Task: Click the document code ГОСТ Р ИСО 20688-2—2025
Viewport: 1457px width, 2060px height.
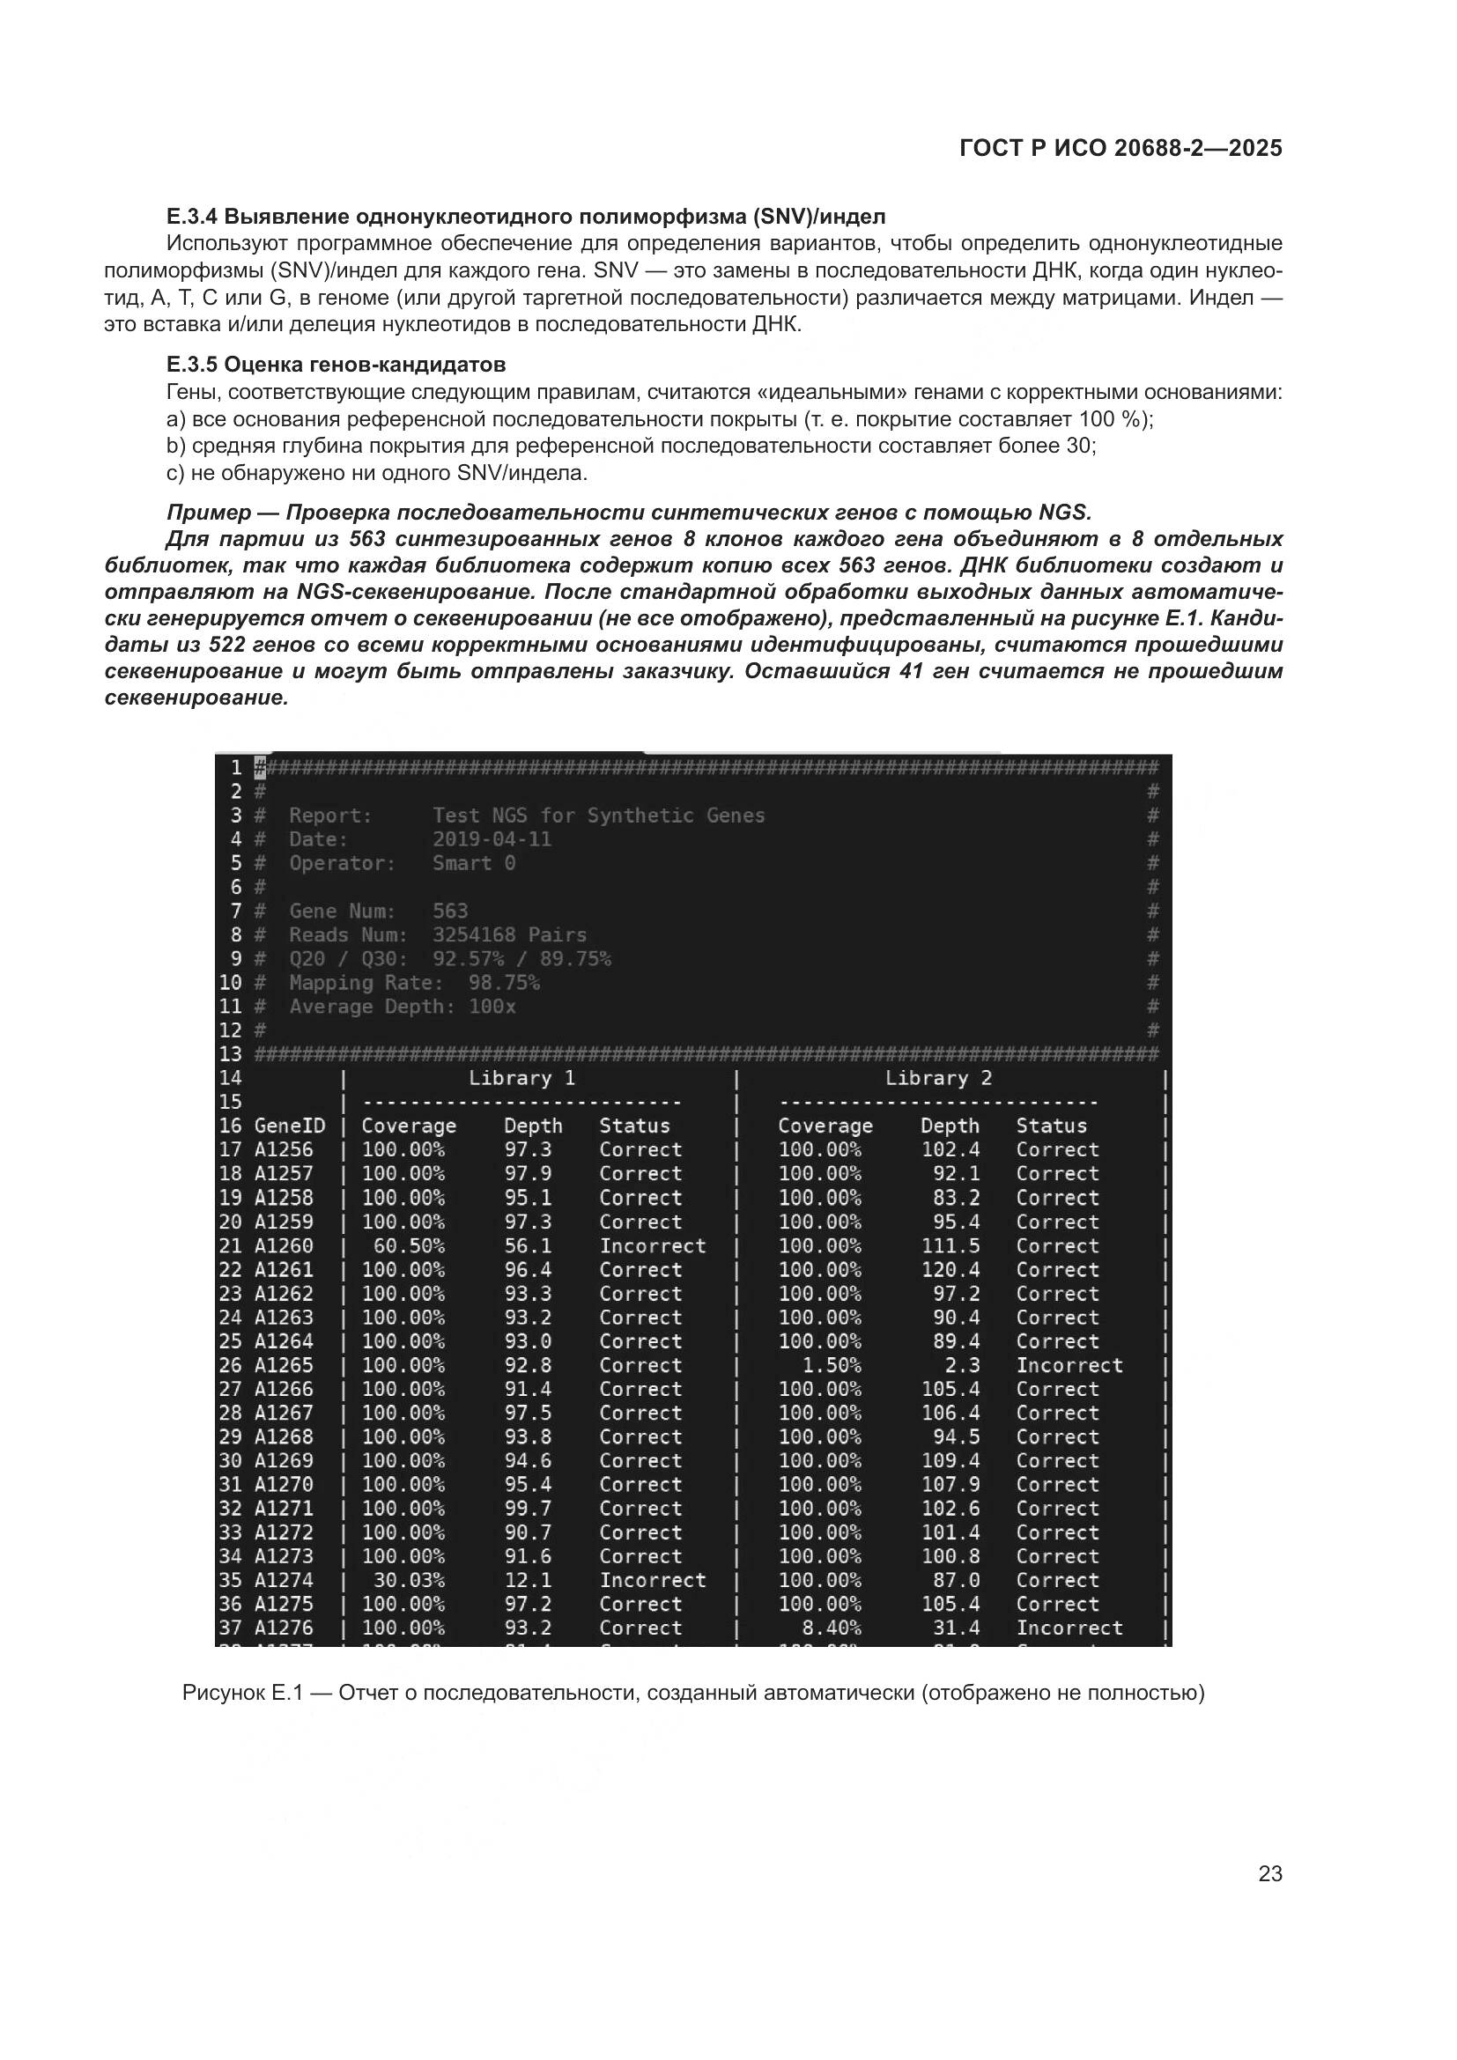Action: click(x=1120, y=148)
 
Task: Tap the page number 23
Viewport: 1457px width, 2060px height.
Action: click(x=1269, y=1873)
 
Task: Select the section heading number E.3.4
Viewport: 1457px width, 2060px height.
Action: click(x=192, y=217)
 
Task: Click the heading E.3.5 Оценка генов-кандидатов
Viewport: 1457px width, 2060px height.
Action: click(x=336, y=365)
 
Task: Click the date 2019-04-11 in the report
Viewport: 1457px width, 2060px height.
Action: click(x=492, y=839)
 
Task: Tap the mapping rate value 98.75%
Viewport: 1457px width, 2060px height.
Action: click(x=503, y=983)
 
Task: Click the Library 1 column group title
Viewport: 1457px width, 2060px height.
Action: click(x=521, y=1079)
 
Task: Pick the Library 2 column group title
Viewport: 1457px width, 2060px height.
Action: click(x=937, y=1079)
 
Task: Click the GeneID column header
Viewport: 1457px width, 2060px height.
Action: click(x=289, y=1126)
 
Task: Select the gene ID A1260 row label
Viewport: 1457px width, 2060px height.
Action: click(x=284, y=1246)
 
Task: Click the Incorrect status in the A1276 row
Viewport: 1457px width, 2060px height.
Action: click(x=1069, y=1628)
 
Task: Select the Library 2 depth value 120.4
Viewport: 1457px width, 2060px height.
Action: click(x=950, y=1270)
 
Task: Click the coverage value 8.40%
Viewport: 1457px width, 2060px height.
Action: click(x=831, y=1628)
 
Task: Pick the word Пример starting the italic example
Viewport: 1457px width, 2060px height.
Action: click(x=208, y=513)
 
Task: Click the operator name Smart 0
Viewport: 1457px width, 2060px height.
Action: click(x=474, y=863)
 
